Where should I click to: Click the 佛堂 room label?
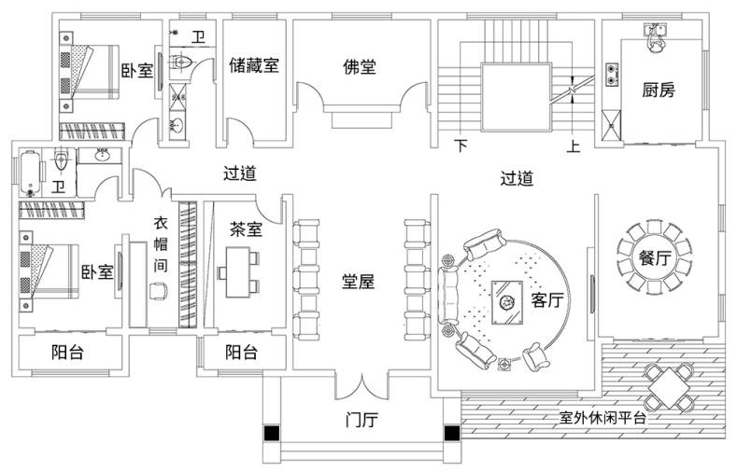(x=360, y=67)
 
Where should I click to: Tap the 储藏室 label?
(x=254, y=65)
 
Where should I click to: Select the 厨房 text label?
(x=659, y=90)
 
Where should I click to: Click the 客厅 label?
(x=547, y=299)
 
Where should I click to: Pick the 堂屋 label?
(x=358, y=282)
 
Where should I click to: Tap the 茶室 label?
(x=246, y=229)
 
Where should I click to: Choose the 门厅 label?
(x=361, y=420)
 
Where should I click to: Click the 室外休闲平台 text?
(x=602, y=418)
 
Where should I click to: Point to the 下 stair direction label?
(x=461, y=146)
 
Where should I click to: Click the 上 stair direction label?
(x=573, y=146)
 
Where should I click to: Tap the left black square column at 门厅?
(x=272, y=433)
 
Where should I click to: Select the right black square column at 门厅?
(x=452, y=433)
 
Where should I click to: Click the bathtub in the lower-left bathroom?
(x=31, y=173)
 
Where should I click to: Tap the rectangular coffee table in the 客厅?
(x=507, y=302)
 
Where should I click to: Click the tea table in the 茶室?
(x=238, y=272)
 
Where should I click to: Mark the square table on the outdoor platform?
(x=668, y=387)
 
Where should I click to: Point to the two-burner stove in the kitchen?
(x=612, y=75)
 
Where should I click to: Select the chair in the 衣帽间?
(x=159, y=291)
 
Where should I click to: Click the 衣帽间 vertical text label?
(x=161, y=244)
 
